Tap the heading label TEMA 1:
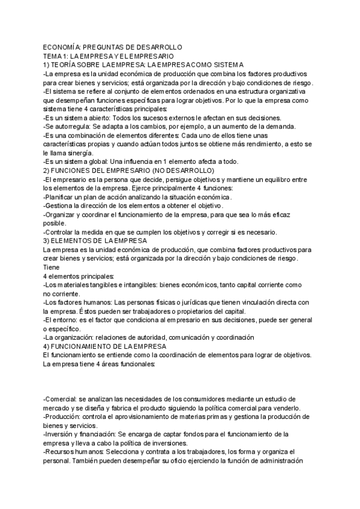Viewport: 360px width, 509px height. coord(56,56)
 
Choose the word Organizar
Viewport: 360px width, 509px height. coord(62,214)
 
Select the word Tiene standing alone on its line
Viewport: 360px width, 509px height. coord(52,267)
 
